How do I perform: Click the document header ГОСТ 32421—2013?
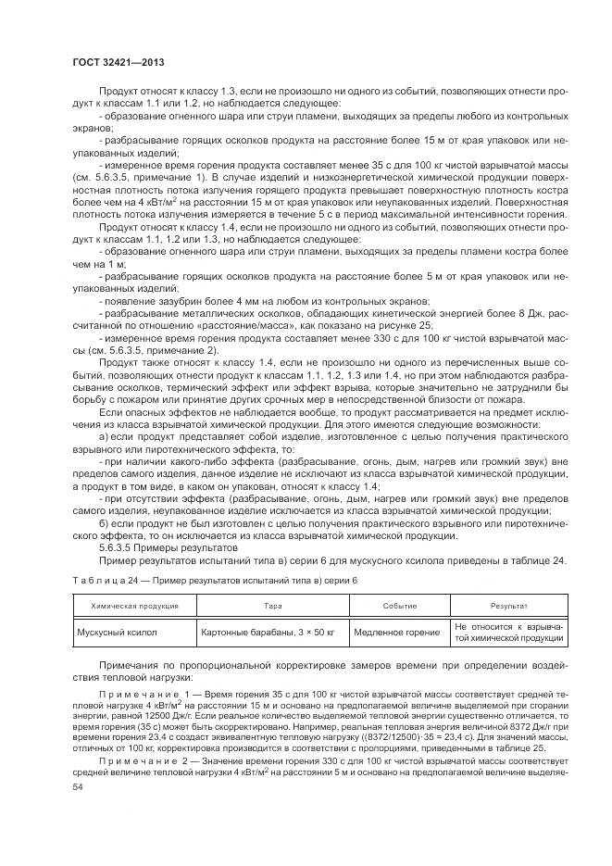(x=113, y=64)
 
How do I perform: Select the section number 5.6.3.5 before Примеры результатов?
(x=119, y=546)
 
